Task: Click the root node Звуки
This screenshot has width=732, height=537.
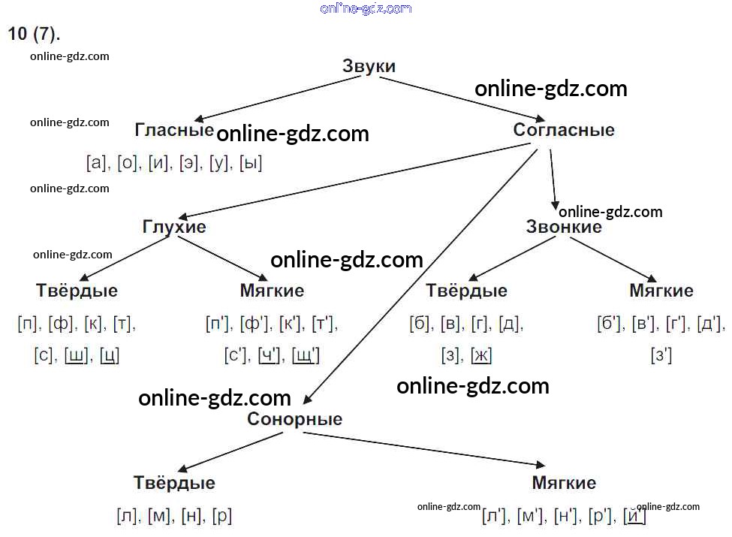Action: (369, 66)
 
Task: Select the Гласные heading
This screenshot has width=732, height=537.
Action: (174, 129)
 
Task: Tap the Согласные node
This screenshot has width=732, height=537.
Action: (564, 129)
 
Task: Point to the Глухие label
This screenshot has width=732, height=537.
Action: (174, 227)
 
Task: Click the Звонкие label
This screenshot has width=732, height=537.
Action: (564, 227)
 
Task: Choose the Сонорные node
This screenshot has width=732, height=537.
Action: (294, 419)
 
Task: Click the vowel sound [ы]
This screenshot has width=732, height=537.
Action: (251, 163)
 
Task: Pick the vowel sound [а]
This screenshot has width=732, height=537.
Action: (96, 163)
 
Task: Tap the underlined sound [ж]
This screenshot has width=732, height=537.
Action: (481, 356)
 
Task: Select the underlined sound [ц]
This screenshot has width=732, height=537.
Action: (110, 356)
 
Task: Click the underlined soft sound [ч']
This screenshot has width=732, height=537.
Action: (269, 356)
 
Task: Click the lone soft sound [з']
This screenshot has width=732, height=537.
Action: (661, 356)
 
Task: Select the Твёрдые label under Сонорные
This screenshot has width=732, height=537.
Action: (174, 482)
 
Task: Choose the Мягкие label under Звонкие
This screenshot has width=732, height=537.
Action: (661, 291)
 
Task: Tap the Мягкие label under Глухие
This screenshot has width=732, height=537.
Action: (272, 291)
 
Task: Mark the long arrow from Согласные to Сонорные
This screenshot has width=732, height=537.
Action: (420, 276)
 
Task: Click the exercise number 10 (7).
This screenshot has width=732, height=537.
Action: (34, 34)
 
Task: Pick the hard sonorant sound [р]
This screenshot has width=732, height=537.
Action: (221, 516)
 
